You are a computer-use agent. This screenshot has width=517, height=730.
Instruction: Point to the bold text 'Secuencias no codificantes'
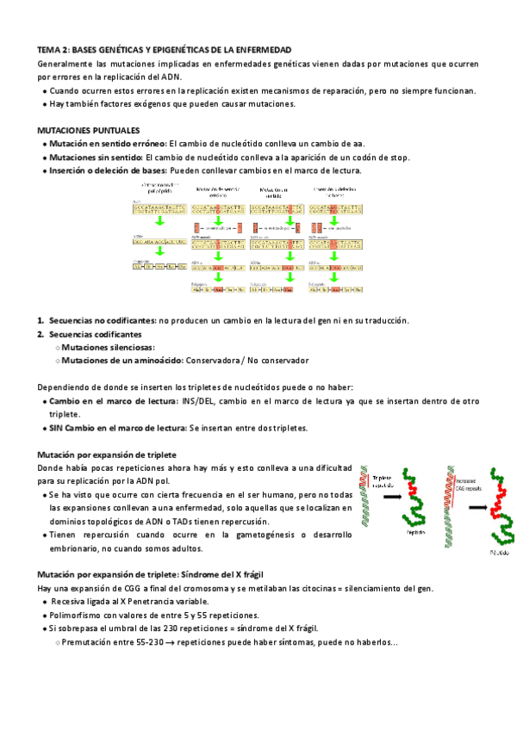pos(103,321)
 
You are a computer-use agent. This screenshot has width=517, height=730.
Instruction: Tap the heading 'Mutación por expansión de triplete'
pos(107,455)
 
